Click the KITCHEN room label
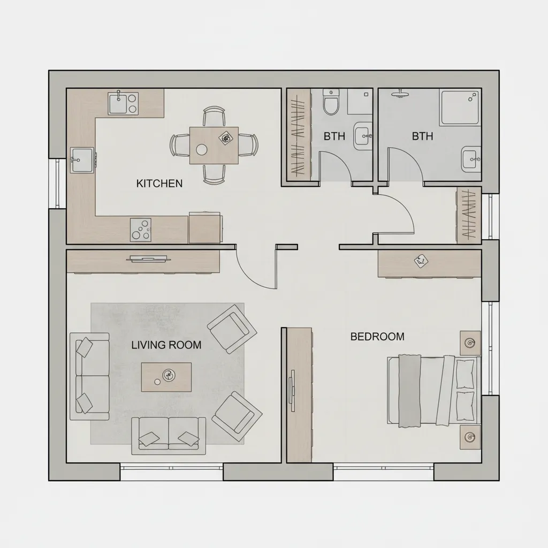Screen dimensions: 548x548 pyautogui.click(x=159, y=184)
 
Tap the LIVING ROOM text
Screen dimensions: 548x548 pyautogui.click(x=166, y=345)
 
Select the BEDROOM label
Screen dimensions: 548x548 pyautogui.click(x=377, y=337)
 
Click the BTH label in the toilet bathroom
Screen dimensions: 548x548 pyautogui.click(x=334, y=136)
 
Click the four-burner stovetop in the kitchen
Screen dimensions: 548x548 pyautogui.click(x=141, y=230)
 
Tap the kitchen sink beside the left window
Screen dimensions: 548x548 pyautogui.click(x=82, y=159)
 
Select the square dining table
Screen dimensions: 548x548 pyautogui.click(x=214, y=145)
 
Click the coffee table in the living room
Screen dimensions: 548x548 pyautogui.click(x=166, y=376)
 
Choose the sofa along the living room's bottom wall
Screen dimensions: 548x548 pyautogui.click(x=169, y=432)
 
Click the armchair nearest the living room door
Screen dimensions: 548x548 pyautogui.click(x=232, y=329)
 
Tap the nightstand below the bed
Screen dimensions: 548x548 pyautogui.click(x=470, y=437)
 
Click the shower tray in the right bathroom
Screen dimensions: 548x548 pyautogui.click(x=460, y=107)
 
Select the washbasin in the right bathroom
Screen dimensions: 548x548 pyautogui.click(x=470, y=158)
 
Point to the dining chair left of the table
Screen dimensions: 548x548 pyautogui.click(x=179, y=145)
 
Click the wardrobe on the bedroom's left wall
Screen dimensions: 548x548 pyautogui.click(x=299, y=394)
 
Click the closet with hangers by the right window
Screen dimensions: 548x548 pyautogui.click(x=468, y=215)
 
